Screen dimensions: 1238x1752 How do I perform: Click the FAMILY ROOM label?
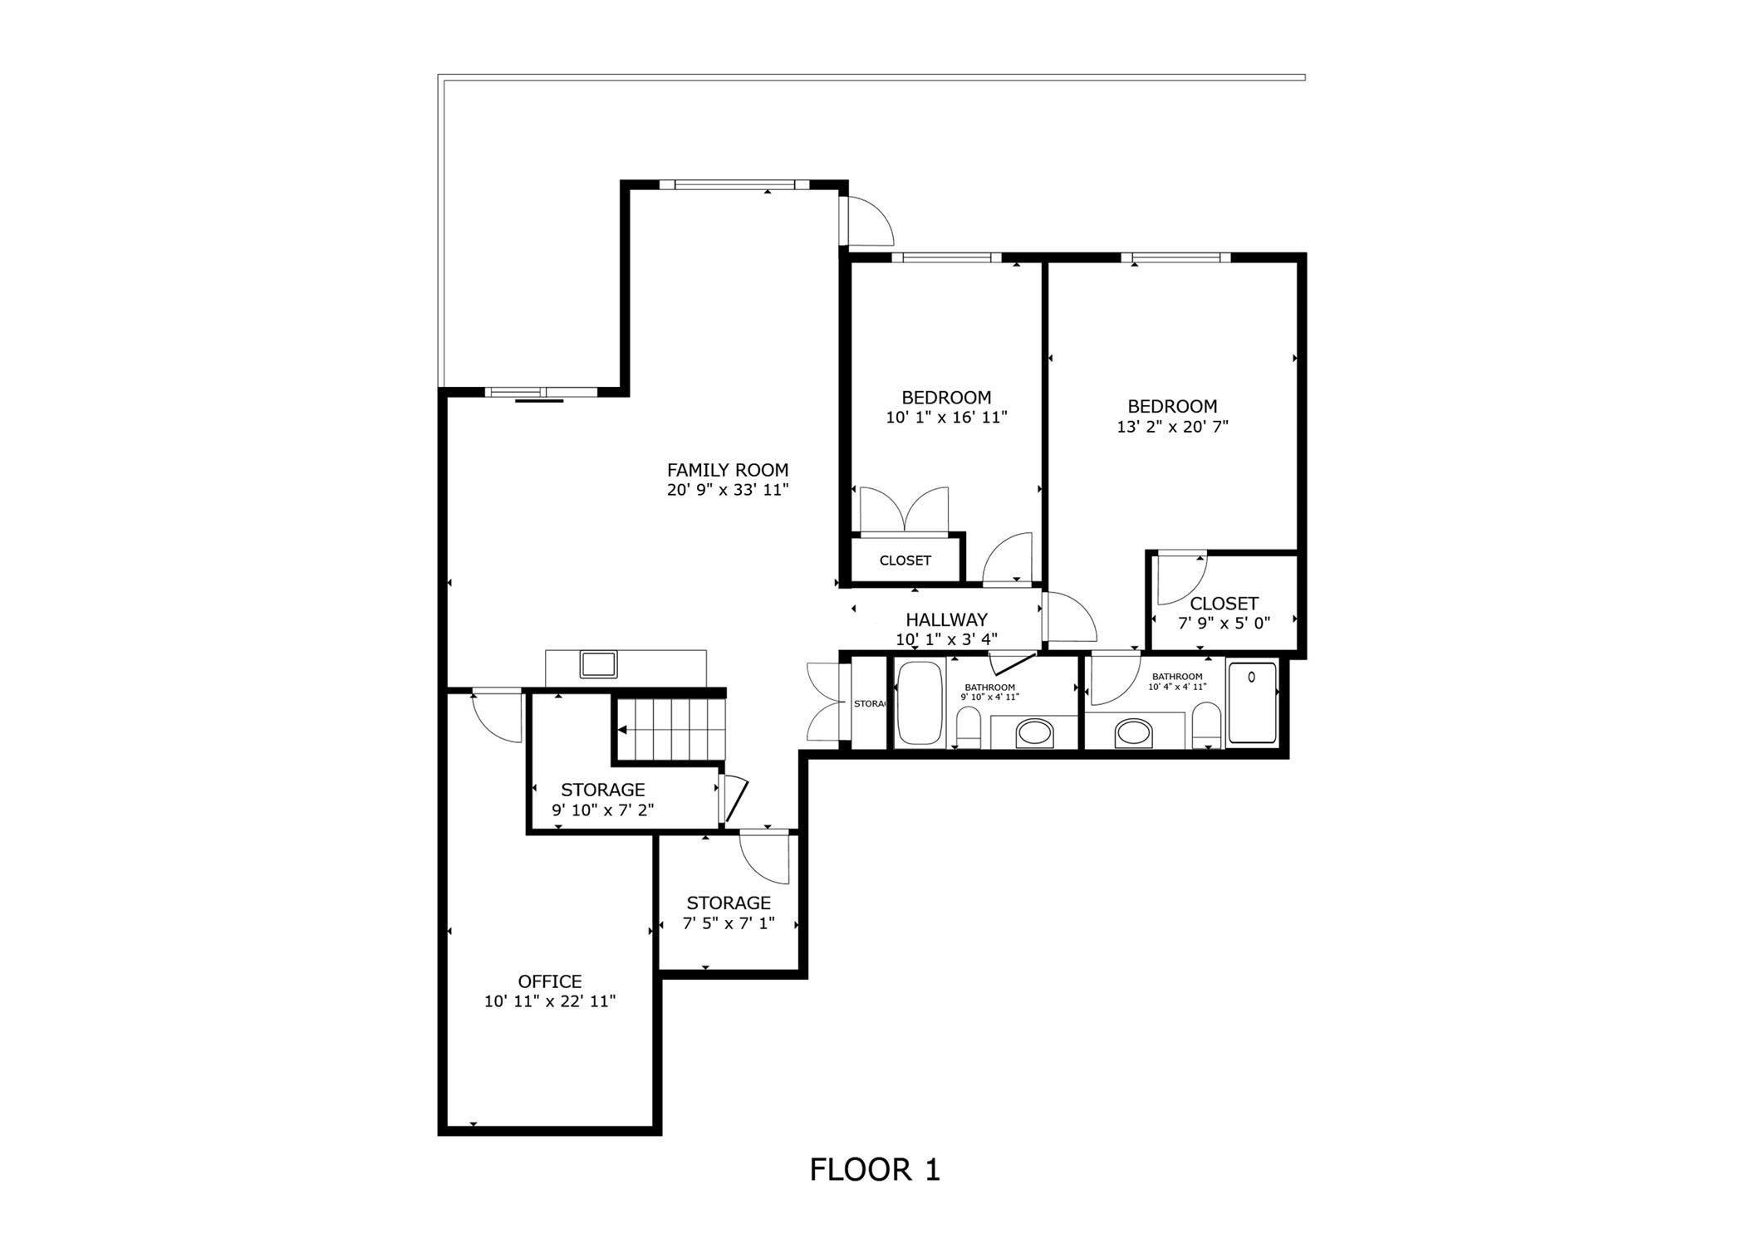(x=727, y=470)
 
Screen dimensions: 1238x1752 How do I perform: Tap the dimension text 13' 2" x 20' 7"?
(x=1172, y=427)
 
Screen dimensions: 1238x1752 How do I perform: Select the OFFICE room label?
(x=549, y=981)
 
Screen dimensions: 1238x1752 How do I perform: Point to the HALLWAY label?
(x=946, y=619)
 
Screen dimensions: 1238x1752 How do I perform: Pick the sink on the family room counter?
(x=598, y=664)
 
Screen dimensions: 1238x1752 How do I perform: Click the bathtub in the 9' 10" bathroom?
(x=919, y=702)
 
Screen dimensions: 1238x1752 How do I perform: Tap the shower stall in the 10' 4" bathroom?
(x=1252, y=702)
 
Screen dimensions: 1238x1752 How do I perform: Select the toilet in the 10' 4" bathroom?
(x=1205, y=725)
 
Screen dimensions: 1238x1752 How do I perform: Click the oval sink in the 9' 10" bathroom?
(x=1034, y=732)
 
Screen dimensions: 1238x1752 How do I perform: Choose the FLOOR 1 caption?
(x=875, y=1169)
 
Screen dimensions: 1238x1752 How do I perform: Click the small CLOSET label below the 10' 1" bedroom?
(x=905, y=560)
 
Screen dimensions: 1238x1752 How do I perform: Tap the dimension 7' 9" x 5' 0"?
(x=1224, y=623)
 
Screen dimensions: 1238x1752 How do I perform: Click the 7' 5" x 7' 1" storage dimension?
(x=729, y=922)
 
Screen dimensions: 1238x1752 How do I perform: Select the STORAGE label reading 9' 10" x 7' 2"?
(x=602, y=790)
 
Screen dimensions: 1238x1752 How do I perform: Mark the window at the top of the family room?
(x=734, y=185)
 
